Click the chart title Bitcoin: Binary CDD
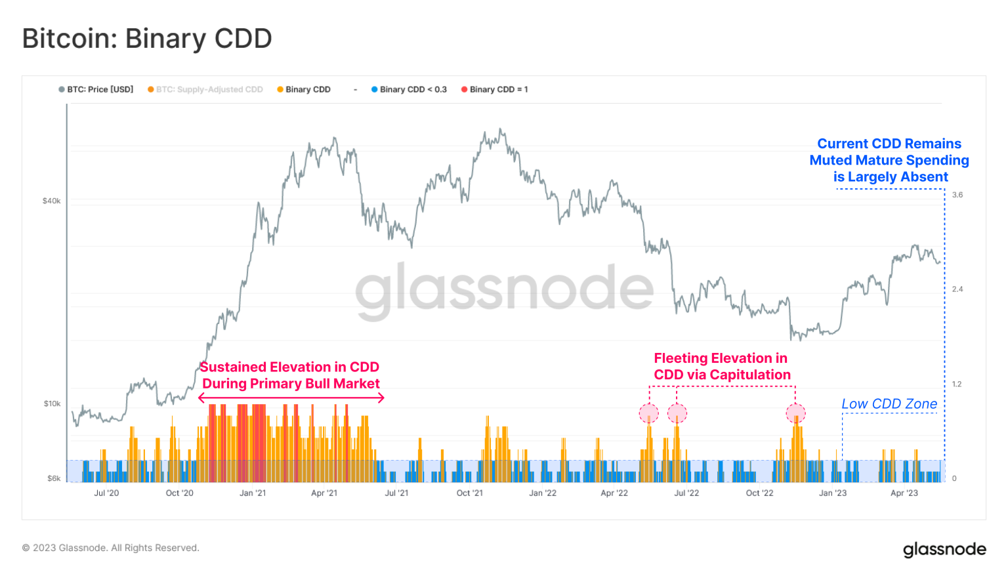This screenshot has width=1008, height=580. (147, 39)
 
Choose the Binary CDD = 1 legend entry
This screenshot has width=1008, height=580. (495, 89)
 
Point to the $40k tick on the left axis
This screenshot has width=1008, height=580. (51, 201)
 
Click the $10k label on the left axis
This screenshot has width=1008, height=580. (52, 404)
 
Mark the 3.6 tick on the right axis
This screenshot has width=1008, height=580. (957, 195)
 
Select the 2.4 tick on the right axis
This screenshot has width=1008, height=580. (957, 289)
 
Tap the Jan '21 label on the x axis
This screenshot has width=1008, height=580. (253, 493)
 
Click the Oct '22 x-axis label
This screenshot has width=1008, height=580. (759, 493)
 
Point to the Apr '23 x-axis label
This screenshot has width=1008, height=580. (904, 493)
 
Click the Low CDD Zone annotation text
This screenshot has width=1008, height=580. (889, 404)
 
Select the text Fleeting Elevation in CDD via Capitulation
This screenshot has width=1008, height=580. (722, 367)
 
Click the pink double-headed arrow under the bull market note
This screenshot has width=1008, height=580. (291, 398)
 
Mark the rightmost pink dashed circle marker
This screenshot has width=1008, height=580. (795, 414)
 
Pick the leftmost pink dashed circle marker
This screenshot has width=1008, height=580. (649, 414)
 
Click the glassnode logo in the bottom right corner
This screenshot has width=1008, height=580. (944, 549)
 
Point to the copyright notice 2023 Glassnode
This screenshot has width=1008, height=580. (110, 548)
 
